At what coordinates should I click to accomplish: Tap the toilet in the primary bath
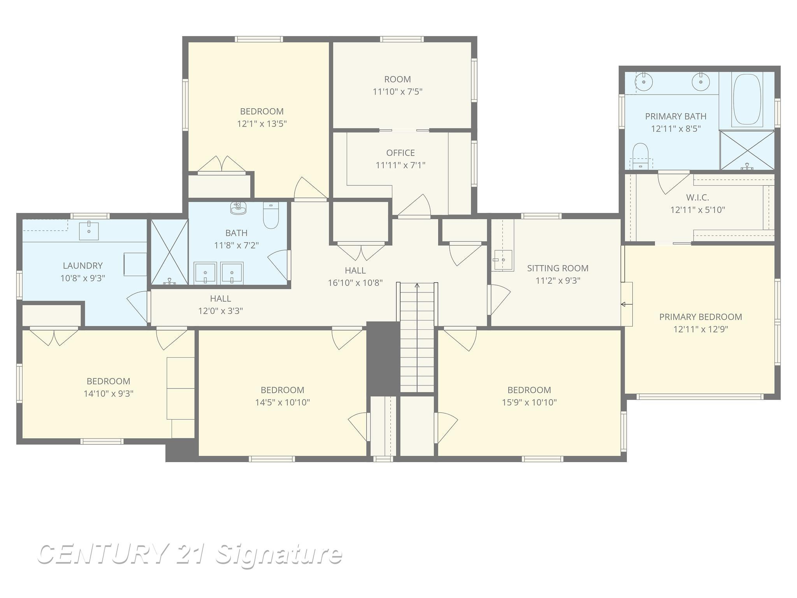pos(640,156)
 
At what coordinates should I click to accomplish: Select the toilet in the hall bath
pos(271,215)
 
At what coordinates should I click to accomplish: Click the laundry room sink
pos(89,230)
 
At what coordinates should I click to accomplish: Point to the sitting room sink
pos(503,260)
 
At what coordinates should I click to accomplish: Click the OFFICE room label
pos(400,153)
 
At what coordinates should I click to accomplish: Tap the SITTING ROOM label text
pos(558,268)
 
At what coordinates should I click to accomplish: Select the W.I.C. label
pos(697,197)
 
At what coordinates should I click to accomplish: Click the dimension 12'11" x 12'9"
pos(700,329)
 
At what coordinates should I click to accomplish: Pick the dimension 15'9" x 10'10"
pos(529,403)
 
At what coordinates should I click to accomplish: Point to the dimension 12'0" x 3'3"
pos(221,311)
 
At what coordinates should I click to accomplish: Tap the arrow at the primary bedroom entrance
pos(627,304)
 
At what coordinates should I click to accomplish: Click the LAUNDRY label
pos(83,266)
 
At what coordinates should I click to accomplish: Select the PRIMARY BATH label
pos(676,116)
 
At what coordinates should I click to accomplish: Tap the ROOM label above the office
pos(397,79)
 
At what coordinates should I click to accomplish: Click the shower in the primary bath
pos(747,150)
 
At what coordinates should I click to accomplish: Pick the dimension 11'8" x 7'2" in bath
pos(236,245)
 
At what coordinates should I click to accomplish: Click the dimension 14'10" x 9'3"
pos(109,394)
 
